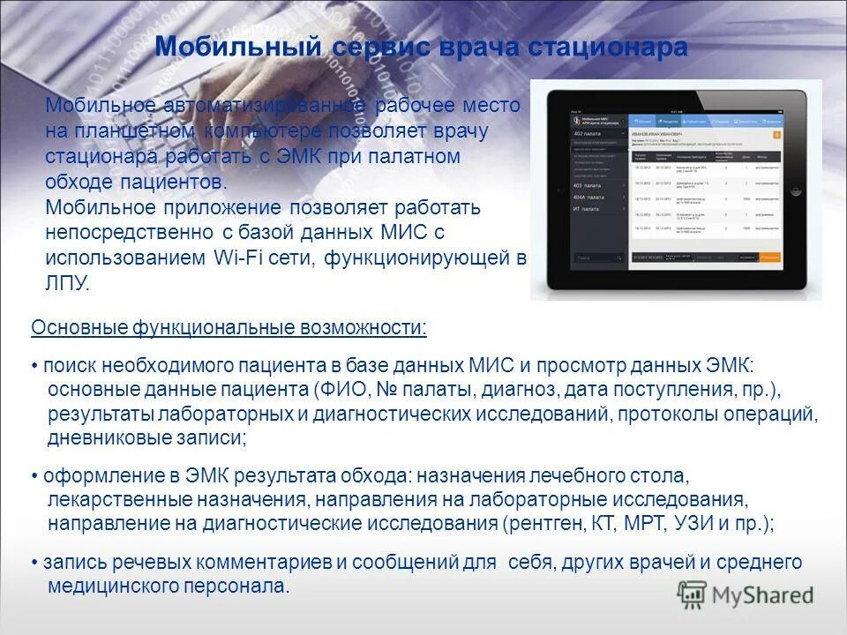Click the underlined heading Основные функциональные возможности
tap(229, 328)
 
